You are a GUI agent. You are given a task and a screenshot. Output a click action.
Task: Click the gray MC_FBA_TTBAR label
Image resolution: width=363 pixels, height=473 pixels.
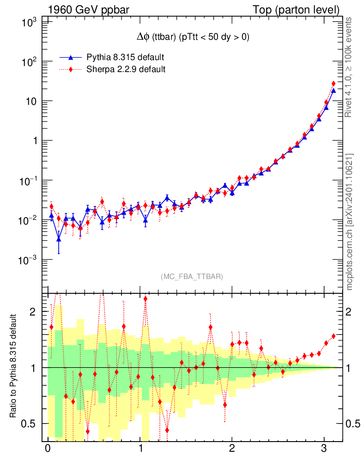point(192,277)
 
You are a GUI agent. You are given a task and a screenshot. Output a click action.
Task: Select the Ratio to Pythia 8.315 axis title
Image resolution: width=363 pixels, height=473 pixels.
point(17,367)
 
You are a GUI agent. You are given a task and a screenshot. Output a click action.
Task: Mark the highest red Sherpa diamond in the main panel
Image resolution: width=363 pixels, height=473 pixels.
point(333,84)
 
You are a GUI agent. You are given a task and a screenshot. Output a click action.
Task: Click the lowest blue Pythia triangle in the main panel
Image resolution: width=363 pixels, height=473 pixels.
point(59,239)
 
